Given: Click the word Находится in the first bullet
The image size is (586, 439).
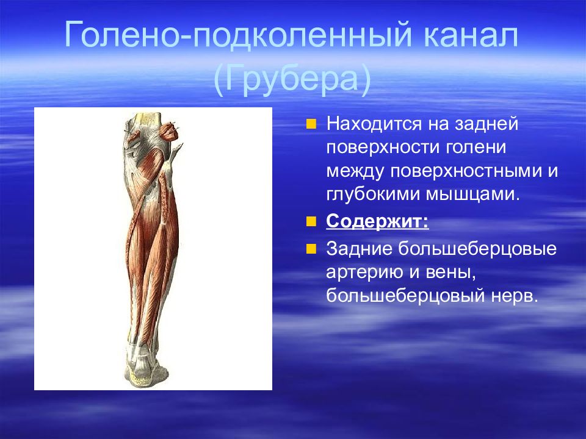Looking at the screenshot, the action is click(374, 124).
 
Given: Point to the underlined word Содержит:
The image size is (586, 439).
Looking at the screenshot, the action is click(377, 222).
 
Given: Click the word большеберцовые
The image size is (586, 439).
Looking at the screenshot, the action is click(477, 249).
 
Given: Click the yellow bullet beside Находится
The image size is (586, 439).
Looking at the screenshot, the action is click(311, 124).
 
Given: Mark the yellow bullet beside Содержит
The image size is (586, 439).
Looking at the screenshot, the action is click(311, 222).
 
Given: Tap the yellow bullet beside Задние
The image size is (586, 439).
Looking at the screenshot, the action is click(311, 249).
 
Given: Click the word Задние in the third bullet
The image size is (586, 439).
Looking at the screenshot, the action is click(358, 249).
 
